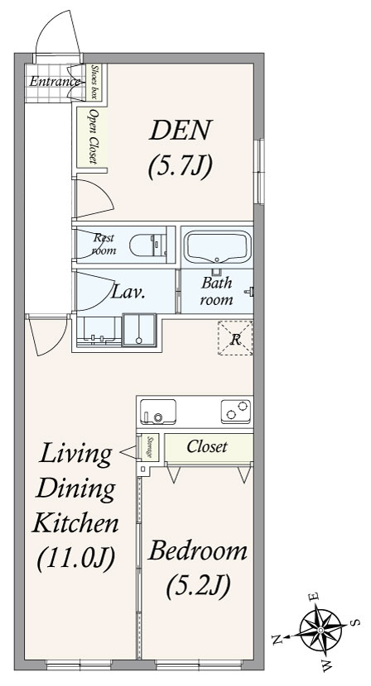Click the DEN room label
click(181, 130)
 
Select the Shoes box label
click(94, 81)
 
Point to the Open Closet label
click(93, 136)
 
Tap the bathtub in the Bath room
click(218, 247)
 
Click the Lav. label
click(128, 293)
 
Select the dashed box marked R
click(235, 338)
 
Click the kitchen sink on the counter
click(158, 412)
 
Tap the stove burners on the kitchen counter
click(236, 412)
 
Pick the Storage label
click(150, 448)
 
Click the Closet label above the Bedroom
click(207, 446)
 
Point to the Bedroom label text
click(198, 551)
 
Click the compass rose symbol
click(320, 630)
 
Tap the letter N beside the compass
click(277, 641)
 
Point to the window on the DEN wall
click(260, 172)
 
